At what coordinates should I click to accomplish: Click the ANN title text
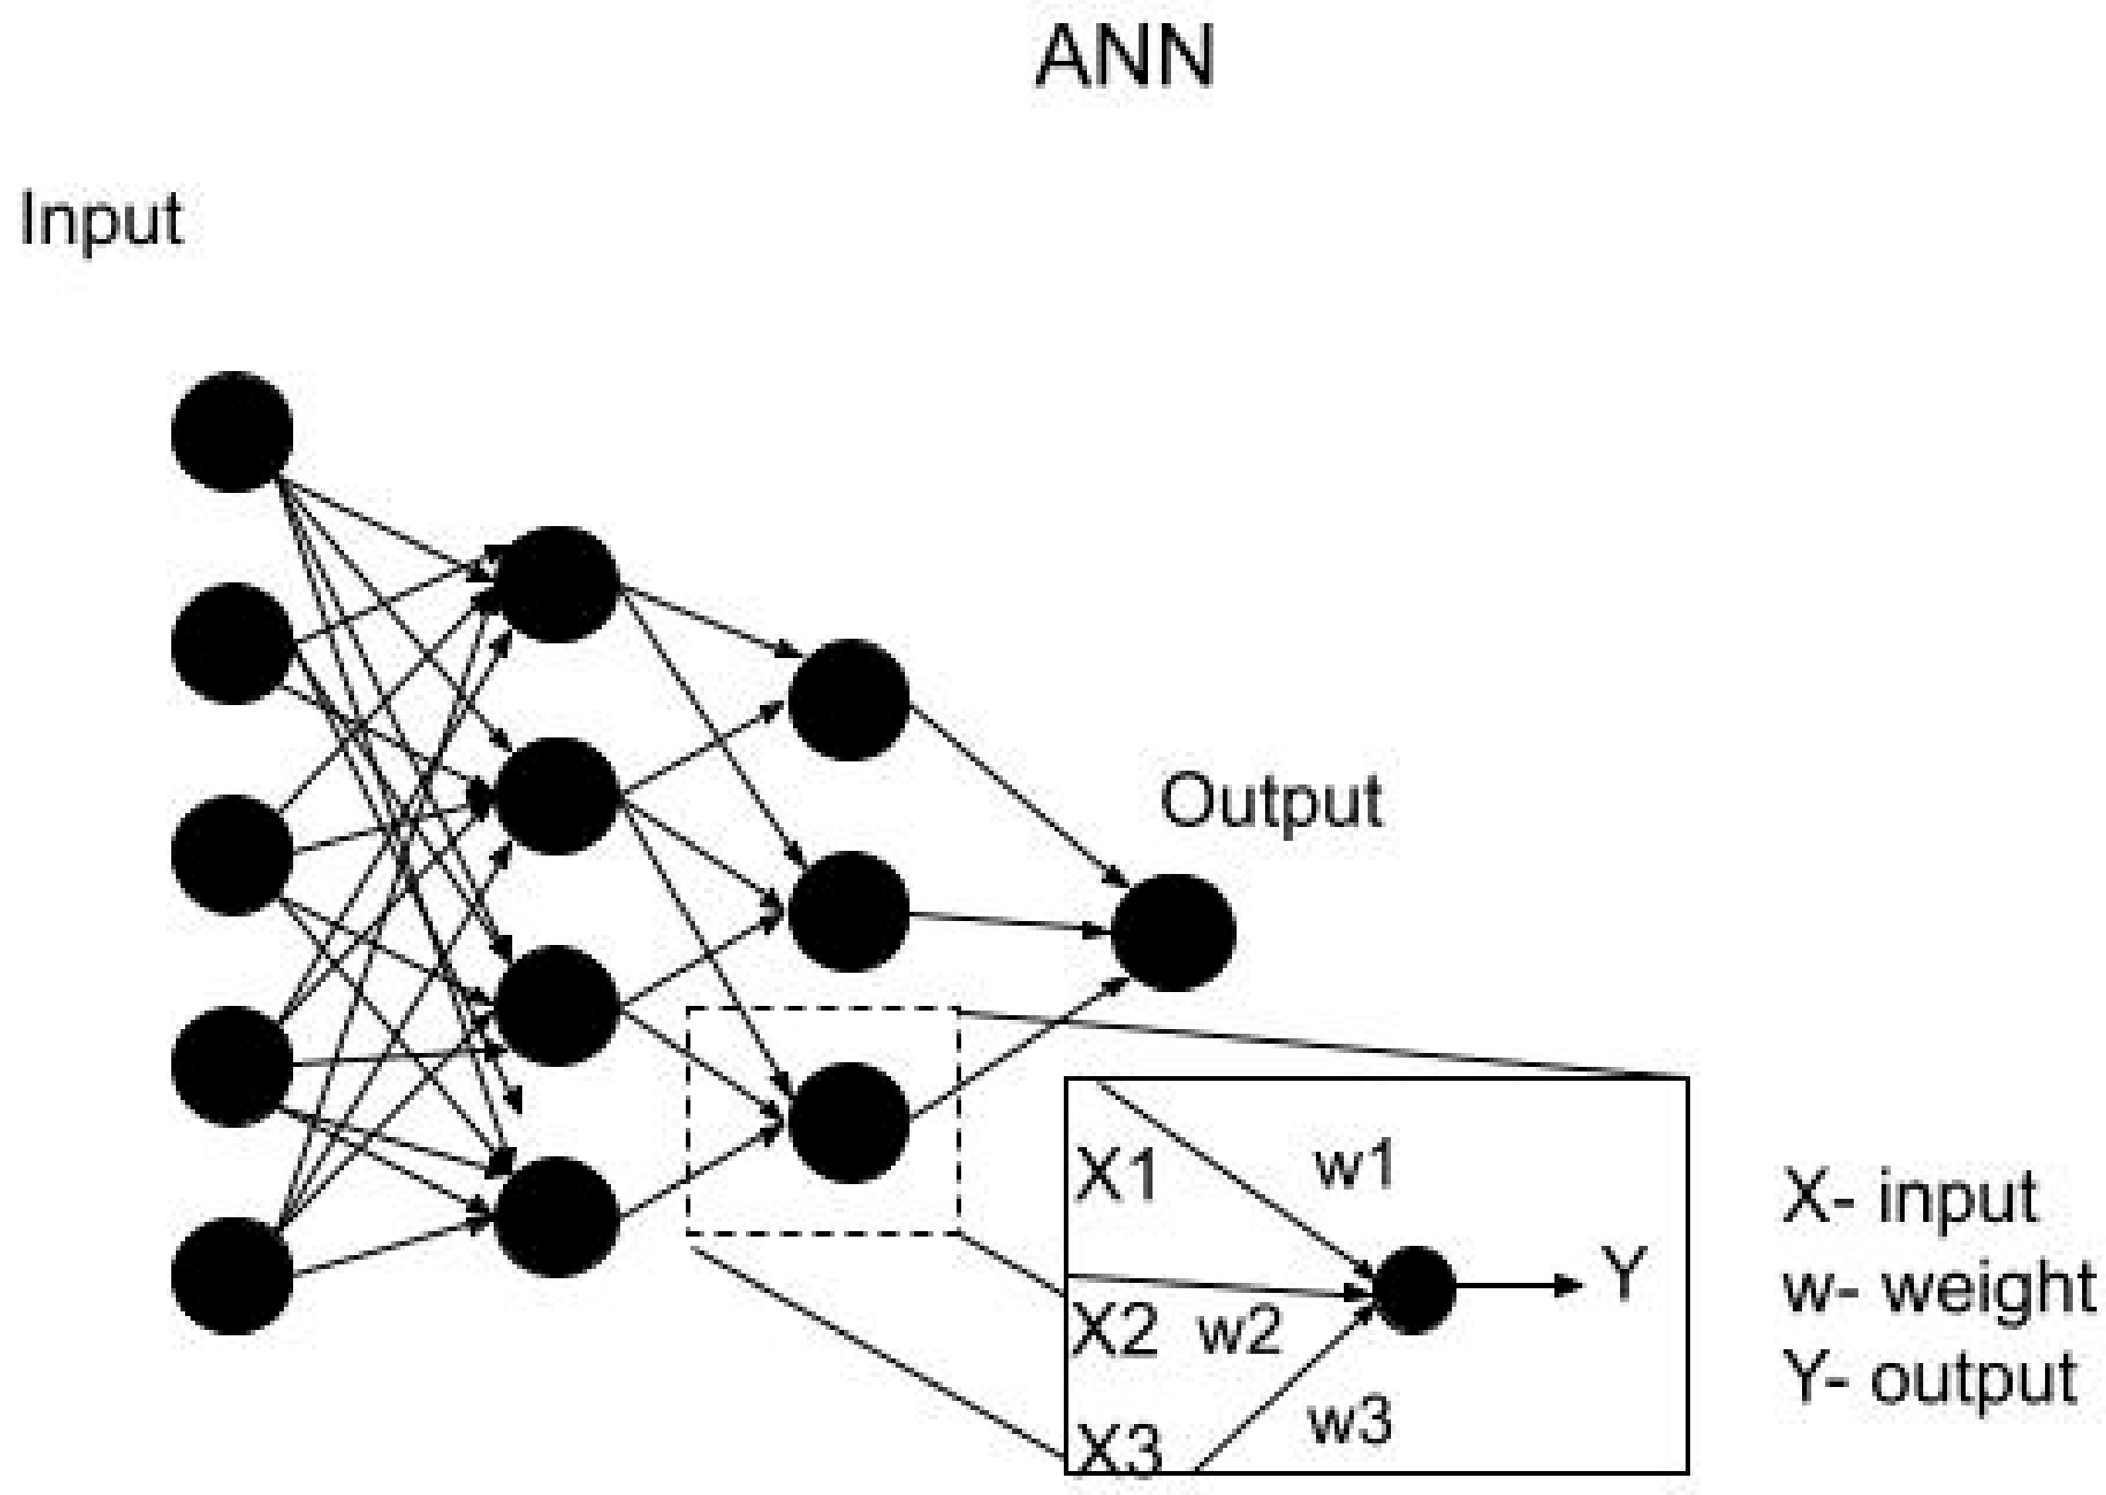point(1125,57)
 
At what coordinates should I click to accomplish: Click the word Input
point(101,221)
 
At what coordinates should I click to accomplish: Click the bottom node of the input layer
point(232,1276)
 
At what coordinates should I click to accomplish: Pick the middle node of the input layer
point(232,854)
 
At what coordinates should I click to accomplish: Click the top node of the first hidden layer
point(556,584)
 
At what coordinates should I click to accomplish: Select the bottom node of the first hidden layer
point(556,1217)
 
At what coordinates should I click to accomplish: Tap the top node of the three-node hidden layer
point(849,700)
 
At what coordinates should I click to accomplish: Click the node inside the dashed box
point(849,1122)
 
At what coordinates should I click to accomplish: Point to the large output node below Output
point(1173,932)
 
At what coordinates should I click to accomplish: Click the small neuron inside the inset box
point(1414,1290)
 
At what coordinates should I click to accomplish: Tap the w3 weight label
point(1350,1419)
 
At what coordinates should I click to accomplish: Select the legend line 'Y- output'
point(1929,1378)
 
